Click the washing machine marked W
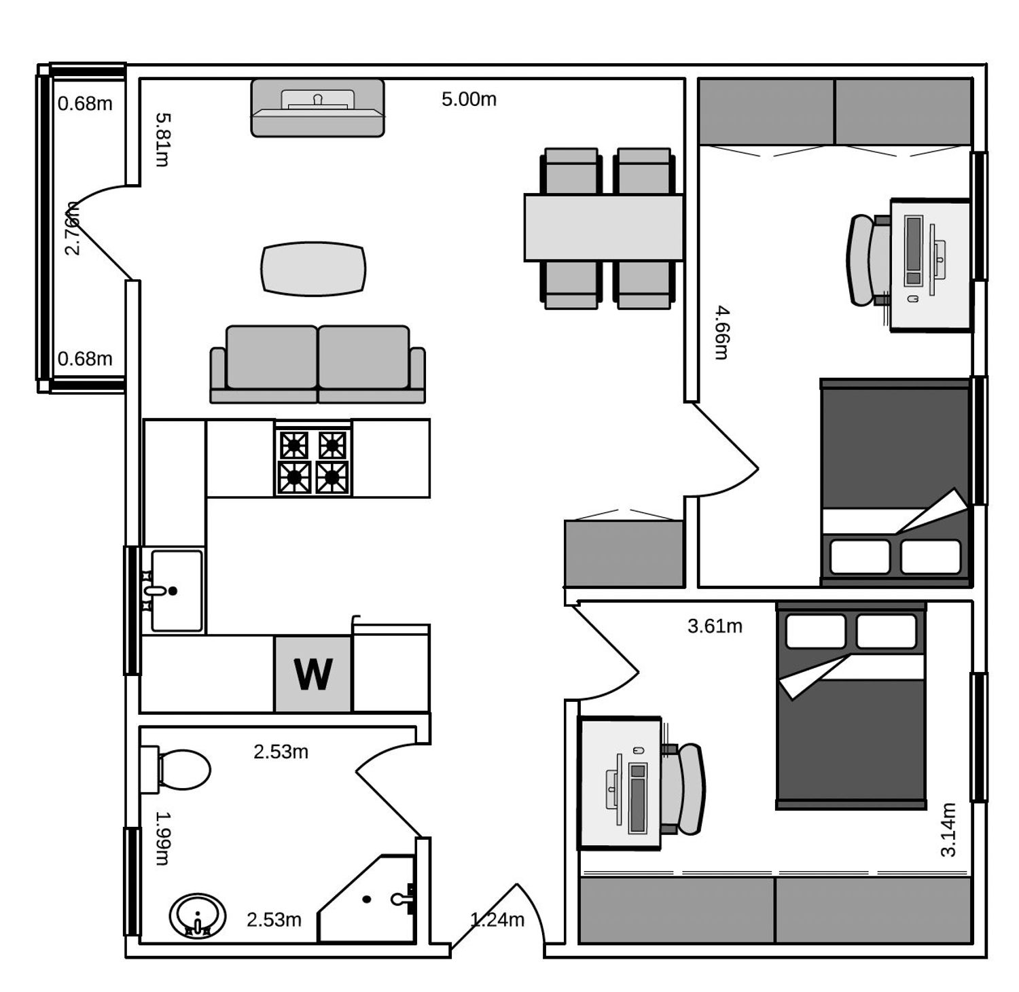pyautogui.click(x=312, y=673)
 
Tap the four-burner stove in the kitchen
pyautogui.click(x=313, y=457)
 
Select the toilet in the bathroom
pyautogui.click(x=175, y=769)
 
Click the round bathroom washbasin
pyautogui.click(x=197, y=915)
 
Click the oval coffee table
pyautogui.click(x=313, y=268)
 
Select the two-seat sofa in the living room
pyautogui.click(x=317, y=364)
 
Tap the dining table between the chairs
pyautogui.click(x=603, y=228)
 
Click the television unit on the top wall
pyautogui.click(x=317, y=107)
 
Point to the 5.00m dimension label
pyautogui.click(x=469, y=99)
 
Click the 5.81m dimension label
pyautogui.click(x=162, y=139)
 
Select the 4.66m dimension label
pyautogui.click(x=721, y=332)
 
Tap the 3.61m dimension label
pyautogui.click(x=715, y=626)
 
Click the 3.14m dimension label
pyautogui.click(x=948, y=830)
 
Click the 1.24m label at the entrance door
pyautogui.click(x=497, y=919)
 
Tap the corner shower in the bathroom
pyautogui.click(x=367, y=898)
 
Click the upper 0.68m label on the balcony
pyautogui.click(x=85, y=104)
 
